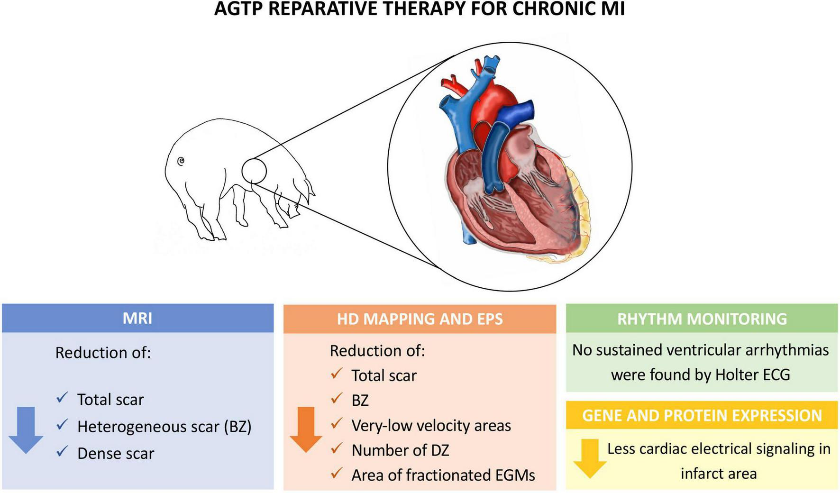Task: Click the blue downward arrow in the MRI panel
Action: click(x=26, y=429)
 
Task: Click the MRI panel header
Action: click(x=137, y=318)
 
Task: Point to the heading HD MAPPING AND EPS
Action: click(x=420, y=319)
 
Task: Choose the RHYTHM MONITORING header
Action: click(x=702, y=319)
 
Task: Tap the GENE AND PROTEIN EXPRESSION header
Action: click(x=702, y=415)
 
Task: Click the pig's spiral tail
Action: click(x=181, y=162)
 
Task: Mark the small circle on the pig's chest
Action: click(x=254, y=171)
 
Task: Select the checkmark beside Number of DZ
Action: click(x=337, y=448)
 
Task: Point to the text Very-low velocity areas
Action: click(x=431, y=425)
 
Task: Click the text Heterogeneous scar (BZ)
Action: click(x=164, y=427)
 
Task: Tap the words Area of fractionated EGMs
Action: click(x=443, y=475)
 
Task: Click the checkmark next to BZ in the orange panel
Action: click(x=337, y=398)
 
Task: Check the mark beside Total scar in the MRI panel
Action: click(x=62, y=397)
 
